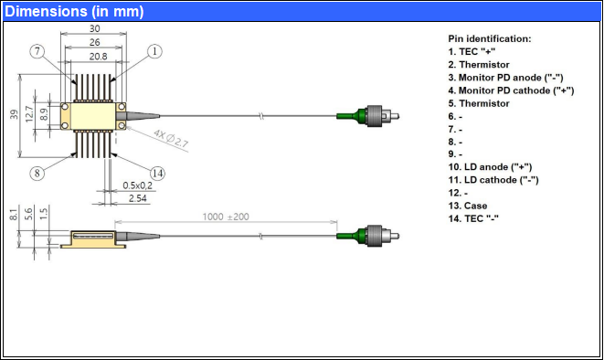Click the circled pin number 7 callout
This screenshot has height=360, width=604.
click(37, 51)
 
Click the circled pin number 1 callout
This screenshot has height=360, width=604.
click(154, 51)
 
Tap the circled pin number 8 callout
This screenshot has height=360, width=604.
click(37, 173)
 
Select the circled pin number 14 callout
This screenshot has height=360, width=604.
click(157, 174)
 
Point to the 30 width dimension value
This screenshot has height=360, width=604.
click(94, 28)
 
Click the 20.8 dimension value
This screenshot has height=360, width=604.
click(98, 57)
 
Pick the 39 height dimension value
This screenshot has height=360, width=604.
click(15, 114)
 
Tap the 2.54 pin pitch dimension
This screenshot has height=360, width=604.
click(137, 198)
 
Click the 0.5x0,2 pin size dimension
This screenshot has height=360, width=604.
click(137, 185)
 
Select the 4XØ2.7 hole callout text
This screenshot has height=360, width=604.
click(171, 138)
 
